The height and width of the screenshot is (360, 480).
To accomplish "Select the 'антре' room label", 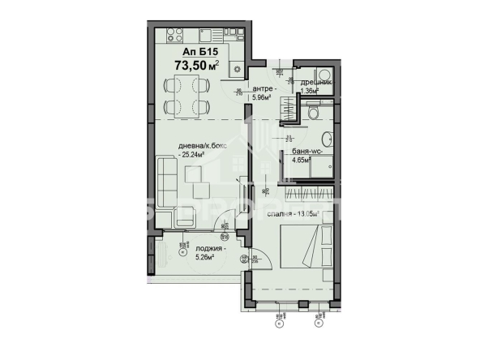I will [x=262, y=89].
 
